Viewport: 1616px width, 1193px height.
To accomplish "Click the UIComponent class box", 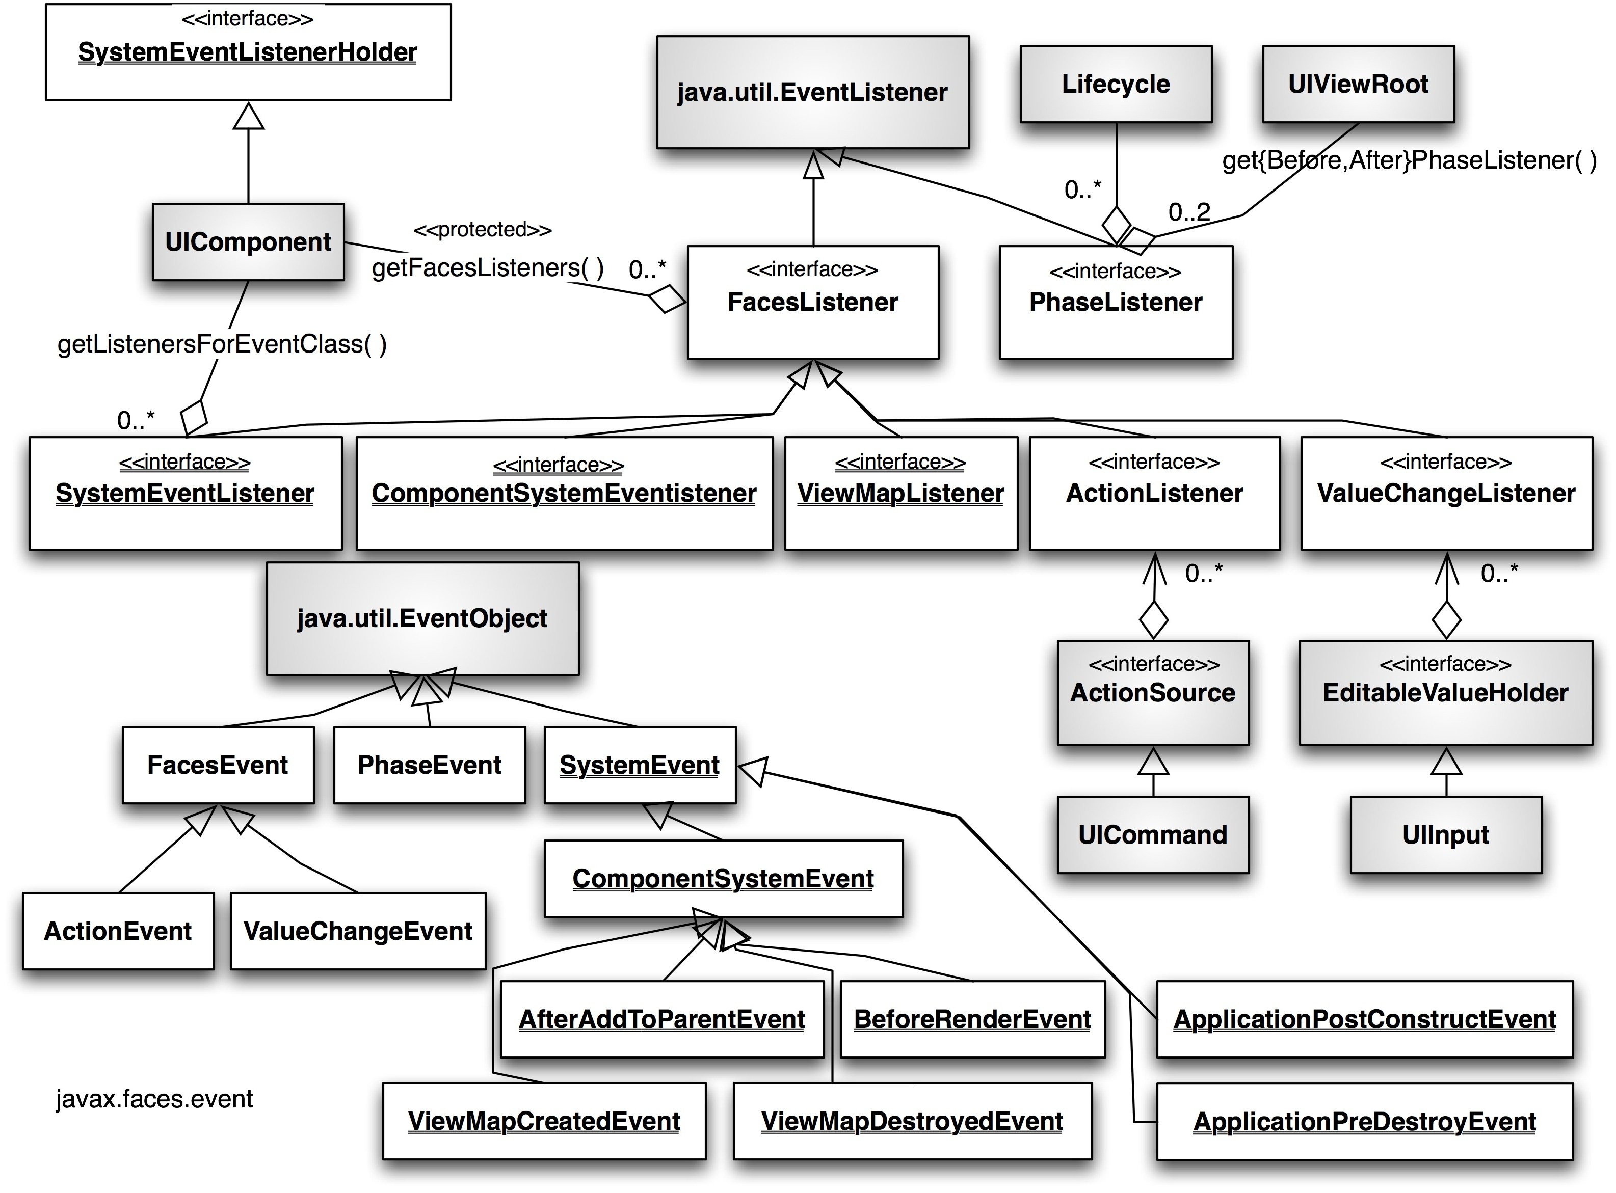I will [248, 242].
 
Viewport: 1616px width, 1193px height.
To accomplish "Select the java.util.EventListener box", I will [813, 92].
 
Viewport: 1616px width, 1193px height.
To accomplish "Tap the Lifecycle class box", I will [1116, 84].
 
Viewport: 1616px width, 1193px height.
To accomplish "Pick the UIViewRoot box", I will [1358, 84].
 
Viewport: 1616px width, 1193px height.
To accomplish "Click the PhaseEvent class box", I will [429, 765].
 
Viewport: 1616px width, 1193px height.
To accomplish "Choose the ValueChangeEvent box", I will [358, 931].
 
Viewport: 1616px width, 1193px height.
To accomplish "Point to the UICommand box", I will [1153, 835].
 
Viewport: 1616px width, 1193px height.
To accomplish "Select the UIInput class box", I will [1445, 835].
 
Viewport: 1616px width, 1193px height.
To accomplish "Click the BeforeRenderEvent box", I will [972, 1019].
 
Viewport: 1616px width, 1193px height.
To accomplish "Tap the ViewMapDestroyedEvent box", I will [912, 1121].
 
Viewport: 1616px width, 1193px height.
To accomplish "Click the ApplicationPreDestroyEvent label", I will [1365, 1122].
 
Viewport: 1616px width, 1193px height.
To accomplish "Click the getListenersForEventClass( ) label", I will [222, 344].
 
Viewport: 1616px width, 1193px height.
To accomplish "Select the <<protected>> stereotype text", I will [483, 230].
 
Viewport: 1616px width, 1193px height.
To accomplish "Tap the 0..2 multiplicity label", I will [1189, 211].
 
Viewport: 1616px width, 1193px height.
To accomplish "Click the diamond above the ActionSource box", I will [1154, 619].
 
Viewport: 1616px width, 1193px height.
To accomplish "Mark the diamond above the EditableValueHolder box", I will [1446, 619].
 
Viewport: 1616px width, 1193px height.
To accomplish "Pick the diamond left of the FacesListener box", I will [667, 299].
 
